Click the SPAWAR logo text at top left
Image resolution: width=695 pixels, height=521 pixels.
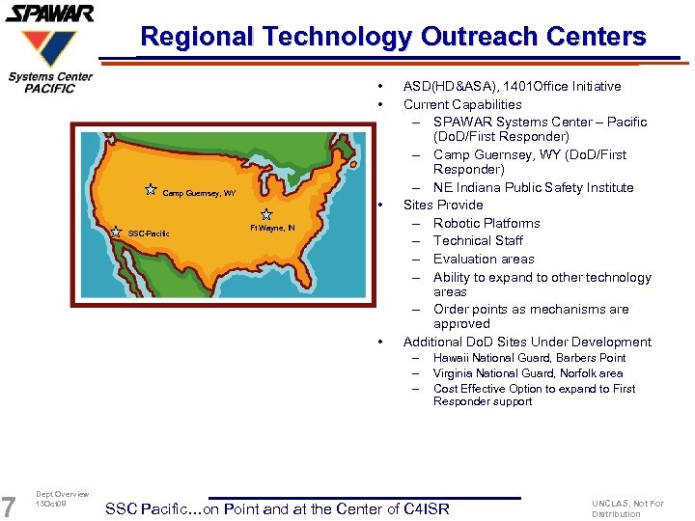coord(49,14)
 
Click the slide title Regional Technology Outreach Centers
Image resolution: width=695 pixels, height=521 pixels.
coord(393,38)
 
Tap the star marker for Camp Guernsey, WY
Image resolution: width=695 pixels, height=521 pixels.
coord(151,190)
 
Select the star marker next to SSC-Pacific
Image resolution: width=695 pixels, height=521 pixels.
coord(116,232)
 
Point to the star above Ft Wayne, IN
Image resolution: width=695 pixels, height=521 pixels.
coord(266,214)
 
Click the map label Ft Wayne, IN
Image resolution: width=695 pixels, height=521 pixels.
coord(272,229)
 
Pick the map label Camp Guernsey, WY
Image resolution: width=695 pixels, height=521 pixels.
coord(198,194)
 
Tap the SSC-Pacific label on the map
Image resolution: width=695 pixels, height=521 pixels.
coord(149,233)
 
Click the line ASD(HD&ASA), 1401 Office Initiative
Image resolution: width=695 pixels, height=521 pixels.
coord(512,87)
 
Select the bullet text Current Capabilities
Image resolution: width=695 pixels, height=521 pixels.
coord(461,104)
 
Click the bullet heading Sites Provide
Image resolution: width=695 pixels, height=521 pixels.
coord(443,205)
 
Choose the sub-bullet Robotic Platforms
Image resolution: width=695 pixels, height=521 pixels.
coord(486,223)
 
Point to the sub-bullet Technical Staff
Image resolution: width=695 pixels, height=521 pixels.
coord(477,241)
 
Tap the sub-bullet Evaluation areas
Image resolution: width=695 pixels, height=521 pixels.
coord(484,259)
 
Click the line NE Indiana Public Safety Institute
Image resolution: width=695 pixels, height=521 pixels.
coord(533,187)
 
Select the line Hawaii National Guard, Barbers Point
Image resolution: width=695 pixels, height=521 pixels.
coord(529,358)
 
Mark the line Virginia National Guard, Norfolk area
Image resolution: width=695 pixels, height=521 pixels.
coord(527,373)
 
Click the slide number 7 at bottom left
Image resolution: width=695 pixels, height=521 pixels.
coord(10,506)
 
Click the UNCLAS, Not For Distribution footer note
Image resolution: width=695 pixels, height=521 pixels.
coord(627,508)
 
